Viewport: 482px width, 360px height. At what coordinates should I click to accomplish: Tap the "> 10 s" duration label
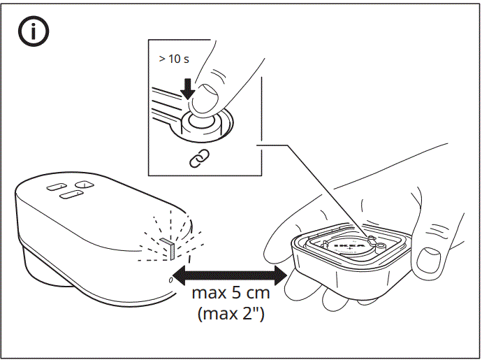click(x=173, y=59)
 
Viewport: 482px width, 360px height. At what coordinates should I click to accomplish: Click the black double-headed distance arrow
click(x=230, y=275)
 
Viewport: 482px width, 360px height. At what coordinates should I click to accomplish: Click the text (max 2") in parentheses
click(x=231, y=314)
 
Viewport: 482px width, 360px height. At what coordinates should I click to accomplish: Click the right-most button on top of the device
click(x=83, y=184)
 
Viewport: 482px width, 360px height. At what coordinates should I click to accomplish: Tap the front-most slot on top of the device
click(x=68, y=196)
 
